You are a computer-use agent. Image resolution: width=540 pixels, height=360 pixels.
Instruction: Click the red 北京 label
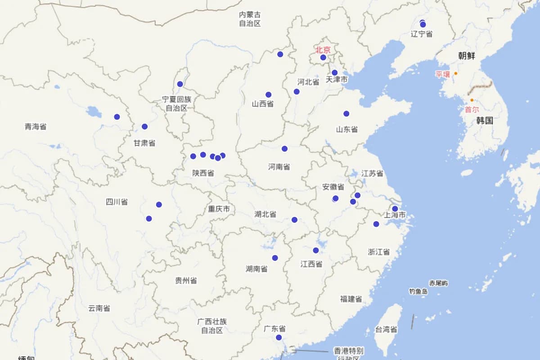[323, 50]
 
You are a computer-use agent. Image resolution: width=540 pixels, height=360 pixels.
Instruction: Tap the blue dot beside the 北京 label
[323, 58]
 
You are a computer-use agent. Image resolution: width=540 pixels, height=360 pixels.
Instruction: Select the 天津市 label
[337, 80]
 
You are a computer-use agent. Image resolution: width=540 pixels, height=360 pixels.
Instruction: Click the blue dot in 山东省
[346, 114]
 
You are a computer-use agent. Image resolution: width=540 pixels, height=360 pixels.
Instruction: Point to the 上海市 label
[395, 215]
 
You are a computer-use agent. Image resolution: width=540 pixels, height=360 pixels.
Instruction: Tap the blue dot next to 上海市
[395, 209]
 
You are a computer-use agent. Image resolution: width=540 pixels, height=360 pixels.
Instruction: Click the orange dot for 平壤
[456, 73]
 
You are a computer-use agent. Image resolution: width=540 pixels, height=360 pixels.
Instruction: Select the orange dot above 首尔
[472, 100]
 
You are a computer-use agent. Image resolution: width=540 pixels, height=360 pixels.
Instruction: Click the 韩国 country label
[485, 121]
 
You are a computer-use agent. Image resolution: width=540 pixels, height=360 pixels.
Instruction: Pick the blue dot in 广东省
[279, 337]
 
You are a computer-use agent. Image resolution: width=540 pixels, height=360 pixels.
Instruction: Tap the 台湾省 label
[386, 330]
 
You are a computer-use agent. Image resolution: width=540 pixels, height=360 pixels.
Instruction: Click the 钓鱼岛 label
[418, 292]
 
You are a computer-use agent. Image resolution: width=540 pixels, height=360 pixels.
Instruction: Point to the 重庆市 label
[219, 209]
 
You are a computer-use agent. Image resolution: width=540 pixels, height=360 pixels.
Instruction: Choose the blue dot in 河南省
[285, 149]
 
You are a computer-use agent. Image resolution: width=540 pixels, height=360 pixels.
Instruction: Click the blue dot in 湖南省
[275, 258]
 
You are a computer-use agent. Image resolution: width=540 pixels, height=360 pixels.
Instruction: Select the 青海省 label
[36, 127]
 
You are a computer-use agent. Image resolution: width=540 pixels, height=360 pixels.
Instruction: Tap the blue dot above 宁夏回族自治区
[180, 84]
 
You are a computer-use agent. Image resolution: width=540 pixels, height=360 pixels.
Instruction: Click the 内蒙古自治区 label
[250, 19]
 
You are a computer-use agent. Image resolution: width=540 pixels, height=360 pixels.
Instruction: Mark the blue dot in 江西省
[316, 251]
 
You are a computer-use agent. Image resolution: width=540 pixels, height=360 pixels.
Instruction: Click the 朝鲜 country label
[467, 56]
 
